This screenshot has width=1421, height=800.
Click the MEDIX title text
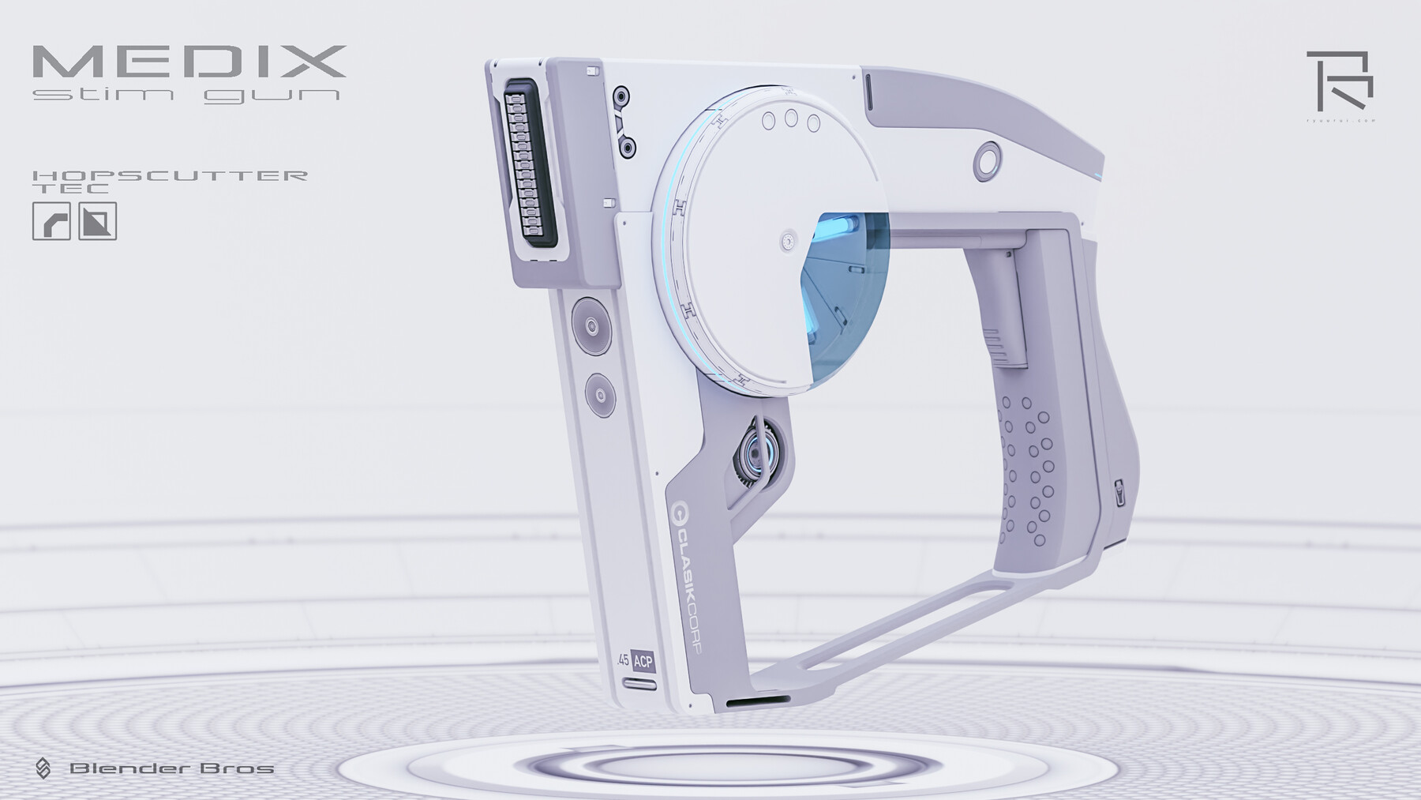tap(189, 62)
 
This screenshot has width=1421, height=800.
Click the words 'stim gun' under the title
tap(187, 96)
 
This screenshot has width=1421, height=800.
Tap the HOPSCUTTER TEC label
tap(169, 181)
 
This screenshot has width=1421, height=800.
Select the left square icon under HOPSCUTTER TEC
tap(51, 221)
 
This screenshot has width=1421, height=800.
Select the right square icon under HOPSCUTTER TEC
tap(98, 221)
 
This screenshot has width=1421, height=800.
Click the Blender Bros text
tap(171, 768)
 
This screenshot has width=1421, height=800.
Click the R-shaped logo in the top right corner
tap(1339, 81)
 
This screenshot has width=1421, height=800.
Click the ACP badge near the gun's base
tap(643, 662)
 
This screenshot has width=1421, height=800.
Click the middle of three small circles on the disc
tap(791, 119)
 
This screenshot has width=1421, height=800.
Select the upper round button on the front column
tap(591, 325)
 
